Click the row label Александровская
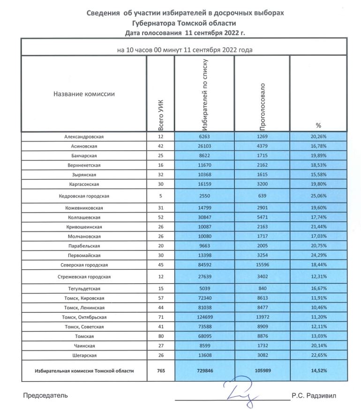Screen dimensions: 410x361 [x=83, y=137]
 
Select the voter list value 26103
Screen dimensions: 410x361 [x=203, y=146]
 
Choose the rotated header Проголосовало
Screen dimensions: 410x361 [x=263, y=106]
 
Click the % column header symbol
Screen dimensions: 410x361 [x=318, y=125]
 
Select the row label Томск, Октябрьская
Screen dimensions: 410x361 [x=83, y=317]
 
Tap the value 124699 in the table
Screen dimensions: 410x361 [x=203, y=317]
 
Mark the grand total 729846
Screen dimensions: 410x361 [x=203, y=371]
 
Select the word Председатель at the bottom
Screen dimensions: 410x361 [x=45, y=395]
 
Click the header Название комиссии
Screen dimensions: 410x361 [x=84, y=94]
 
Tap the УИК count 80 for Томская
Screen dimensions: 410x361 [x=161, y=336]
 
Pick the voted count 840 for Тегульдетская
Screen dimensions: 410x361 [x=262, y=289]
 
